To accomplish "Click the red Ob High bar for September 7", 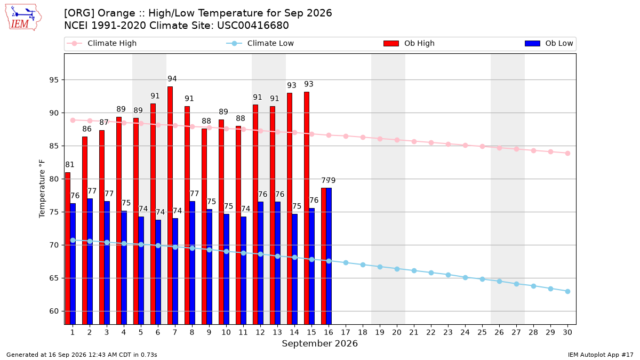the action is coord(170,205).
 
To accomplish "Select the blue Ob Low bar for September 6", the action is coord(158,272).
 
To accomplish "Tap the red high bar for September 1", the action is coord(68,249).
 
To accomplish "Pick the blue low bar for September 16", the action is coord(329,256).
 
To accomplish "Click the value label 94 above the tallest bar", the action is coord(172,78).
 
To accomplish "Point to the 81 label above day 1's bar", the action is coord(70,165).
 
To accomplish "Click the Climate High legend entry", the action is coord(102,43).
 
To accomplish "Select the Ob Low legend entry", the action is coord(549,43).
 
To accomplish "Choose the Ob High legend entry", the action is coord(409,43).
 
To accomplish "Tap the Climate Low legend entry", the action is coord(260,43).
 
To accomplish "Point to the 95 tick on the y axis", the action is coord(54,80).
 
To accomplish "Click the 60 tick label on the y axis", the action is coord(54,311).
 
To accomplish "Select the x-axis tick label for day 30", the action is coord(567,332).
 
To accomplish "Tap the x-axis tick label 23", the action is coord(448,332).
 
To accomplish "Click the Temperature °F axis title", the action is coord(42,189).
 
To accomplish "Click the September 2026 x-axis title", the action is coord(319,343).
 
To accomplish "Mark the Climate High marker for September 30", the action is coord(567,154).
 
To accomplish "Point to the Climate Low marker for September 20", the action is coord(397,269).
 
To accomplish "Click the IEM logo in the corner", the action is coord(23,18).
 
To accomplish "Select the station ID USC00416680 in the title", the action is coord(253,26).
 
